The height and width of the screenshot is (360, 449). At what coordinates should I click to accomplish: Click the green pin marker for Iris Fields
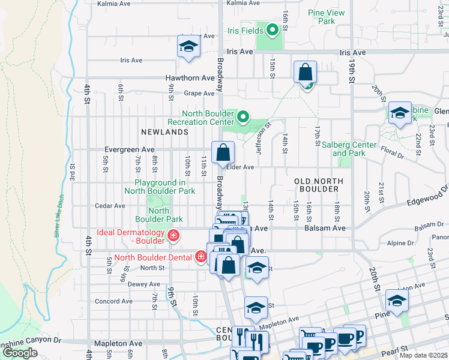[x=271, y=28]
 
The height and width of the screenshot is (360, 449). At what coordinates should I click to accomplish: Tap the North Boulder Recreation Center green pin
[x=243, y=116]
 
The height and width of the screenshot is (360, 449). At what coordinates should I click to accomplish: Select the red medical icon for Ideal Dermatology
[x=173, y=236]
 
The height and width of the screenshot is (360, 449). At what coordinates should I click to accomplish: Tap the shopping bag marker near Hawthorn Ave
[x=306, y=72]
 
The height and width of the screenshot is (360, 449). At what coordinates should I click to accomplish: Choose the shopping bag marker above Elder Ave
[x=223, y=152]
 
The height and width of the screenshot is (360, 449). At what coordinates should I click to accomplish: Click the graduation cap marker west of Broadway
[x=188, y=47]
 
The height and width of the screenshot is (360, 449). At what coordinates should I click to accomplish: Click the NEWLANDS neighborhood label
[x=165, y=131]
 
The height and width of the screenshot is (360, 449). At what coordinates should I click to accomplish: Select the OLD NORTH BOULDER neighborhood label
[x=319, y=185]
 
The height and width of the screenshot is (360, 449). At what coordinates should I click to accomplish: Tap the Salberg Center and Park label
[x=349, y=149]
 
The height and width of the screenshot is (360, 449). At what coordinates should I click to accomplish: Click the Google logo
[x=20, y=353]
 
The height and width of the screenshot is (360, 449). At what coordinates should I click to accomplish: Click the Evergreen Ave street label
[x=129, y=149]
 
